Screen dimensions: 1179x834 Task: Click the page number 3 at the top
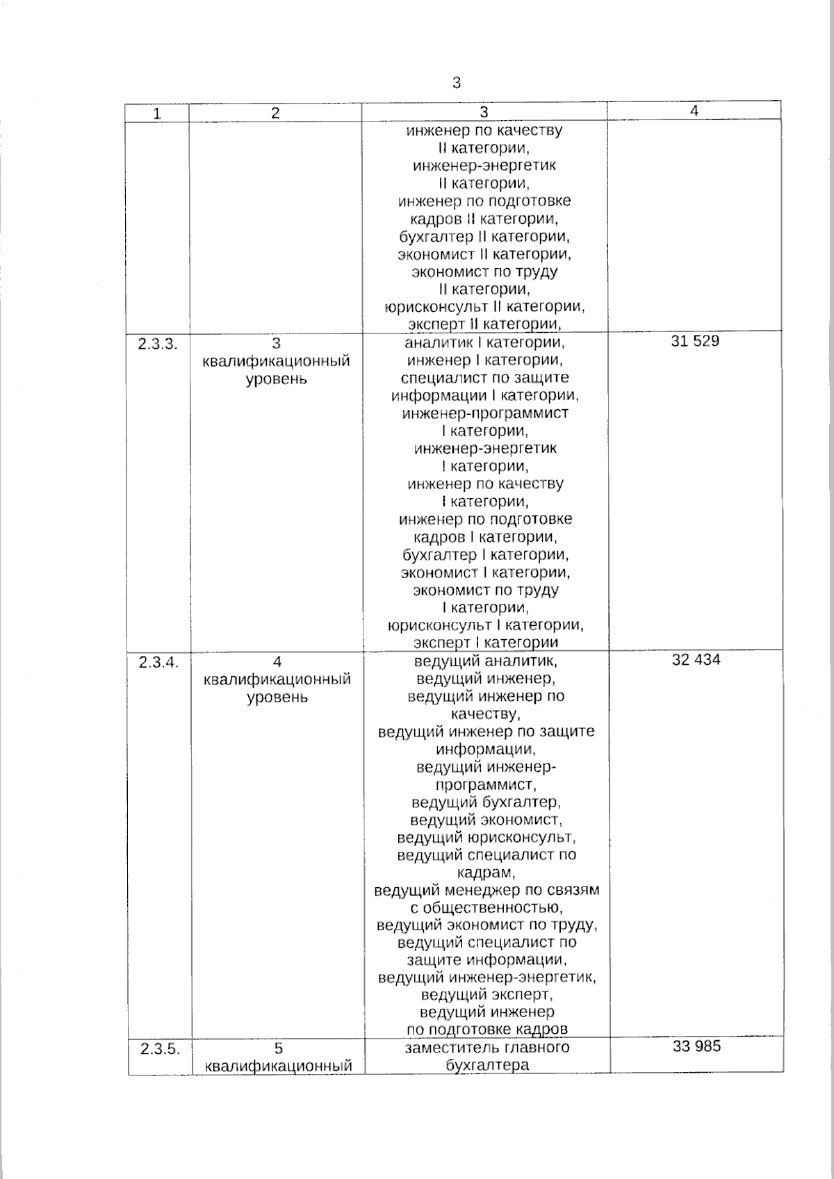(456, 83)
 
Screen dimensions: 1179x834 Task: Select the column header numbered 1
(157, 114)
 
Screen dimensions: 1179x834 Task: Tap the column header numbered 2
(275, 113)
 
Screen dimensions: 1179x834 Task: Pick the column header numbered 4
(694, 110)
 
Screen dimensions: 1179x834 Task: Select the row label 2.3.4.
(158, 662)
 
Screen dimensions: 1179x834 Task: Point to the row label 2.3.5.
(159, 1049)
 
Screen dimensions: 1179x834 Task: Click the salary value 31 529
(695, 341)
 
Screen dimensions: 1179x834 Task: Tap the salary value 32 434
(696, 659)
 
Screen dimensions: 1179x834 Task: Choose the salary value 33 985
(696, 1046)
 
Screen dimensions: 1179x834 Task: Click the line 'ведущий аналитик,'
(486, 661)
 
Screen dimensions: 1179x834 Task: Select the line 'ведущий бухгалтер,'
(486, 802)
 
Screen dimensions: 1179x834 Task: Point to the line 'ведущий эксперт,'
(486, 994)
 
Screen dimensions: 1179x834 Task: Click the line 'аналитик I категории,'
(484, 343)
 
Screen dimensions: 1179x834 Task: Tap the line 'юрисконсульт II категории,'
(484, 306)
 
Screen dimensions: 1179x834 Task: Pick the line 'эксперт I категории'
(486, 643)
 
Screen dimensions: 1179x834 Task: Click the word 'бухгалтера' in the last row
(487, 1065)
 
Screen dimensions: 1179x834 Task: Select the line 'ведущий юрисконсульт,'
(486, 837)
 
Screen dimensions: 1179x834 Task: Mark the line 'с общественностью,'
(486, 907)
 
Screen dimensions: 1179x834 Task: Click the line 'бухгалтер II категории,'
(484, 236)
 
